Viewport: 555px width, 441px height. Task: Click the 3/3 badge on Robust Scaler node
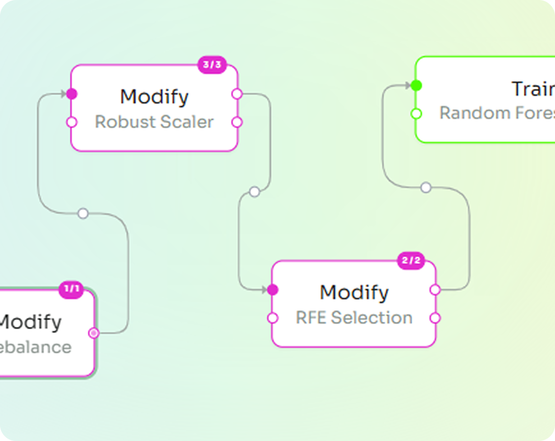[212, 65]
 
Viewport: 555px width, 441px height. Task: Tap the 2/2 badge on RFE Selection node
[411, 261]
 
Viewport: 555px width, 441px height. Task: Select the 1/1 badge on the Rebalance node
[71, 289]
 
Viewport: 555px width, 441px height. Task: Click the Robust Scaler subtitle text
[154, 122]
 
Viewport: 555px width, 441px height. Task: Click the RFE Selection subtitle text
[354, 317]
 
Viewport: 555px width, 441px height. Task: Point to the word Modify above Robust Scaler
[154, 96]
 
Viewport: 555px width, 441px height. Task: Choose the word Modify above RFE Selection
[354, 292]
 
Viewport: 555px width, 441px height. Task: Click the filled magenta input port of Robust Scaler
[72, 94]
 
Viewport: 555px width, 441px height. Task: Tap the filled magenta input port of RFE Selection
[273, 290]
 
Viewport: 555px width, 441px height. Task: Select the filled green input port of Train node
[416, 85]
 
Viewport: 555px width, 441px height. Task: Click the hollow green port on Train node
[416, 113]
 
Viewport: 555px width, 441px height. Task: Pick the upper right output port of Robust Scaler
[237, 94]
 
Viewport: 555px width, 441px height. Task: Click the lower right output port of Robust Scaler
[237, 122]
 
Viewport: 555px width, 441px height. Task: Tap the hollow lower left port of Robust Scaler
[72, 122]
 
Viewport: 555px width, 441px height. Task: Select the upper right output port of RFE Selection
[435, 290]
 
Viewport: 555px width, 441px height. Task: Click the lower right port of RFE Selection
[435, 318]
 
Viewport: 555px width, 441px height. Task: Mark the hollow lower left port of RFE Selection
[273, 318]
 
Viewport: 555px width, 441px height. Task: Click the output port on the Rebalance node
[94, 333]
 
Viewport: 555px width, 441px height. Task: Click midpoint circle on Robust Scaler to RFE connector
[255, 192]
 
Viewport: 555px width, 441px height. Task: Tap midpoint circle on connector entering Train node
[426, 187]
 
